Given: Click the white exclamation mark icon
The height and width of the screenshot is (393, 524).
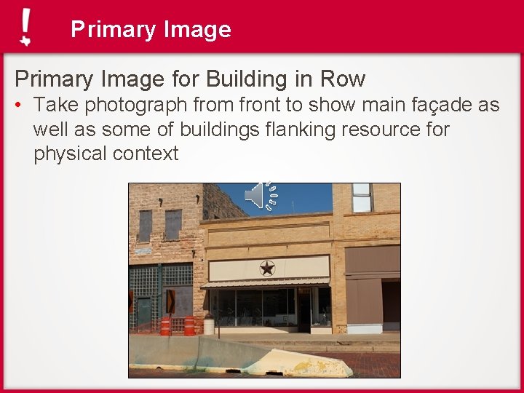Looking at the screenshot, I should (x=26, y=28).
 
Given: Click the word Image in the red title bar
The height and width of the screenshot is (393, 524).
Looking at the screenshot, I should (x=197, y=29).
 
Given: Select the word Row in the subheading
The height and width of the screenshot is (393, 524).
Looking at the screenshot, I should (x=343, y=78).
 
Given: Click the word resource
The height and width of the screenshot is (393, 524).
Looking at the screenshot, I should (x=381, y=130).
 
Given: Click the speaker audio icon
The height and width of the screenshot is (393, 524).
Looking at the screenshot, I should (x=261, y=194).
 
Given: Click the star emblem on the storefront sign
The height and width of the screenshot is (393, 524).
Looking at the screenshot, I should (x=267, y=269).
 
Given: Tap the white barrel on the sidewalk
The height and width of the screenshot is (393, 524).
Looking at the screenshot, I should (x=209, y=325).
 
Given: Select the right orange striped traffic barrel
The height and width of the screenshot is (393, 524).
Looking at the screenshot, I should (x=189, y=325).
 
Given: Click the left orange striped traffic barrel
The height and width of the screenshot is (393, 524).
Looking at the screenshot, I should (x=165, y=325).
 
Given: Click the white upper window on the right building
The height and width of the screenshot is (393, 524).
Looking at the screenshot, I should (x=362, y=197).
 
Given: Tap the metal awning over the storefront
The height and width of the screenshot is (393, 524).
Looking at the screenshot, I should (x=266, y=283).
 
